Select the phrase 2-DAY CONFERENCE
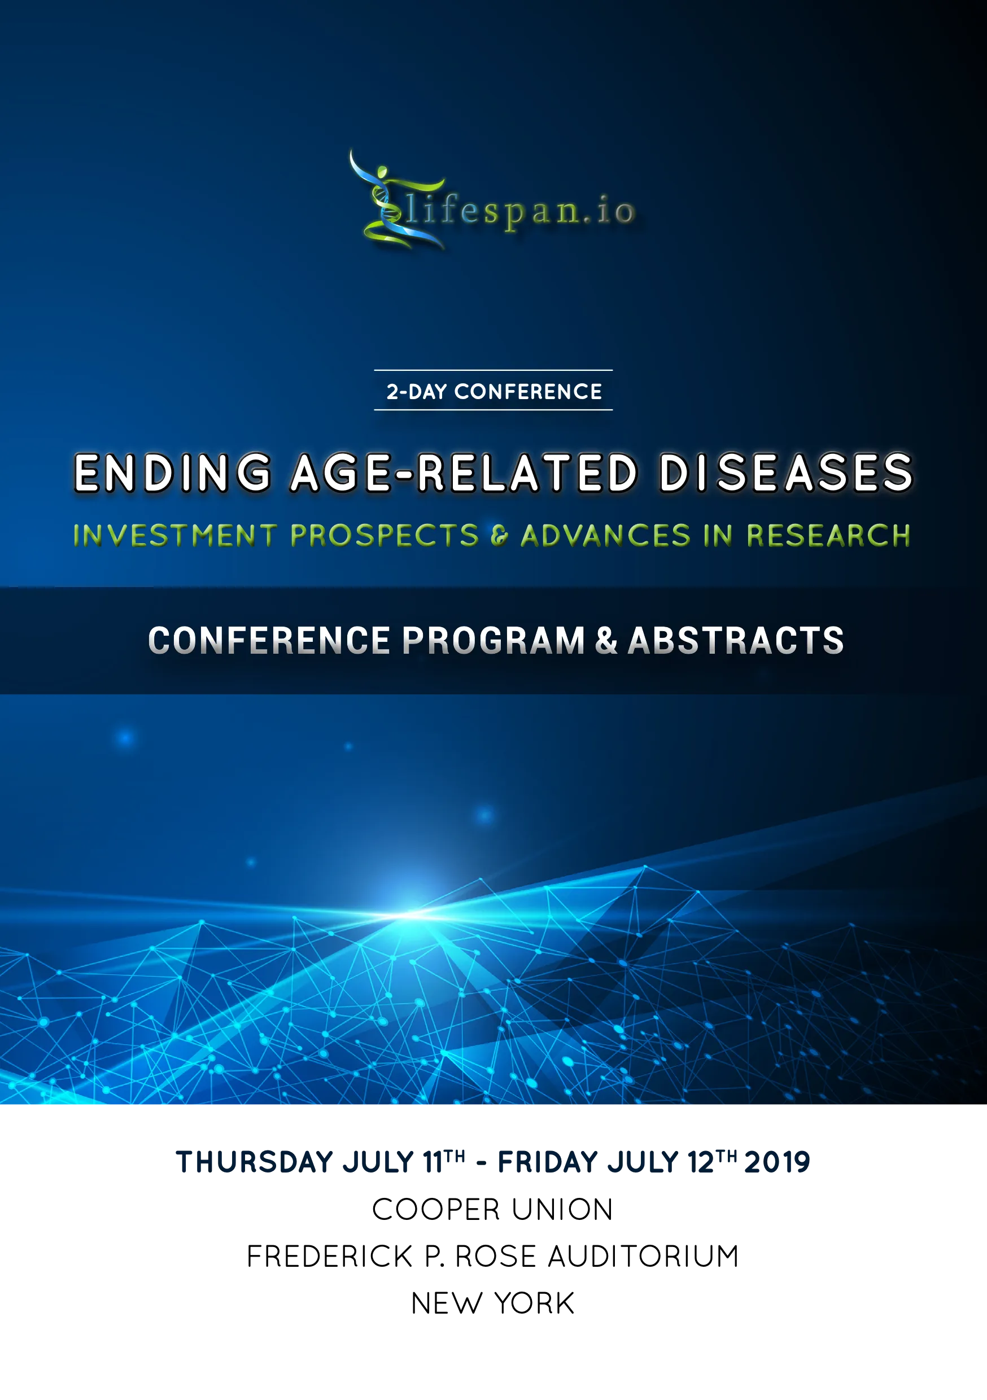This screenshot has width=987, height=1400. point(494,391)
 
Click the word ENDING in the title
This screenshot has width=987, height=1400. point(173,473)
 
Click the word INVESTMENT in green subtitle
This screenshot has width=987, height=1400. point(175,535)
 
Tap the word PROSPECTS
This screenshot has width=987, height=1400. point(385,535)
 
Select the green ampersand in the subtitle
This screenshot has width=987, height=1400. point(500,536)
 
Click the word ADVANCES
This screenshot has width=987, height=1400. point(606,535)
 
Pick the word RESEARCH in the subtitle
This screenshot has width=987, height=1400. point(828,535)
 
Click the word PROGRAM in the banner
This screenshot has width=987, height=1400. point(494,641)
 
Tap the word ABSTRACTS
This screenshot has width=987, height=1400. point(736,641)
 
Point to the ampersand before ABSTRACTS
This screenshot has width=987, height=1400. point(606,641)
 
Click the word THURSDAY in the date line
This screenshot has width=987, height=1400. point(255,1162)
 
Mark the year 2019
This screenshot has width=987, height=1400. point(777,1162)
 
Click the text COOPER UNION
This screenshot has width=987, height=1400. point(493,1210)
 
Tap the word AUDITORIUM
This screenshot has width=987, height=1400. point(644,1257)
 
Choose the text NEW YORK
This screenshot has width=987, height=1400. point(493,1303)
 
